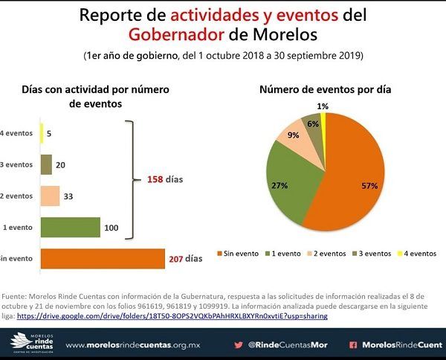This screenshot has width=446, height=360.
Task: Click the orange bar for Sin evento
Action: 103,258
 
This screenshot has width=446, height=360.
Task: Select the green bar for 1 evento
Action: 70,227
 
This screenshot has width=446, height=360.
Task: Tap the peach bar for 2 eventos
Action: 50,196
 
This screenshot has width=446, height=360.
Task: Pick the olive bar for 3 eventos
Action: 46,164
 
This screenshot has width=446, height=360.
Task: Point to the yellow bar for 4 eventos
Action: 42,133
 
